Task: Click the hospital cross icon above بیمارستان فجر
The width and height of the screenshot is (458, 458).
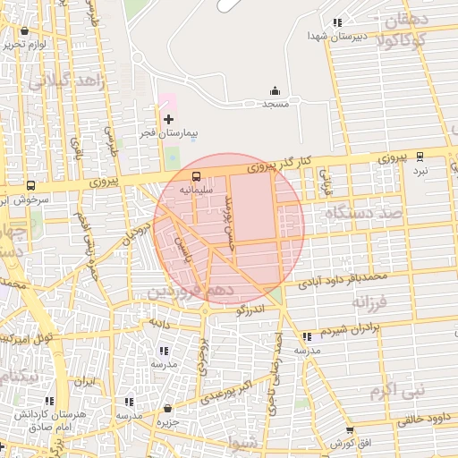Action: click(x=168, y=119)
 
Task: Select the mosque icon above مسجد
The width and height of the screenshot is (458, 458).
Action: click(x=275, y=90)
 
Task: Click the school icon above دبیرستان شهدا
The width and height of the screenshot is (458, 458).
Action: click(x=336, y=22)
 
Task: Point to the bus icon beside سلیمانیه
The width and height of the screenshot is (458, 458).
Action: click(x=197, y=175)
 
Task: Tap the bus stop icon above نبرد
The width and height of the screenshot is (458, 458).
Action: click(x=420, y=155)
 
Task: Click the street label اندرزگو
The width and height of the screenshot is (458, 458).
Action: click(x=250, y=310)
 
